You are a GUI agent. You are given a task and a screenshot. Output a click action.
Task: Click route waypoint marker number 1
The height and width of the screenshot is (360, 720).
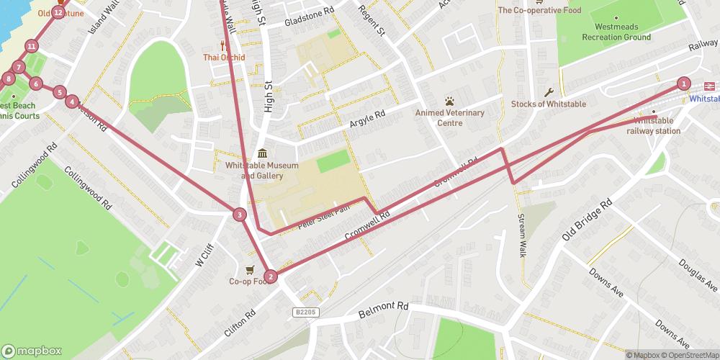coord(683,84)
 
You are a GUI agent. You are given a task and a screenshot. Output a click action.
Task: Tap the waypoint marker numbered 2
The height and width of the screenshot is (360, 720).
coord(270,276)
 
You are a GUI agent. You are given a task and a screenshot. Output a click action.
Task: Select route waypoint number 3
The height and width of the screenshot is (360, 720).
coord(239,214)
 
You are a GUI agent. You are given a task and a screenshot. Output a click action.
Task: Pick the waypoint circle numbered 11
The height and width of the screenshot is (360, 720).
coord(31,47)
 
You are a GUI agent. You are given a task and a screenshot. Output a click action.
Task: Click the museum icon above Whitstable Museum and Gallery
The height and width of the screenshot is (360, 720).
coord(261,153)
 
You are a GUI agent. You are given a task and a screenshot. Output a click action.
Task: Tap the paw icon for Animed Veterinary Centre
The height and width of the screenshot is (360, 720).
coord(450,101)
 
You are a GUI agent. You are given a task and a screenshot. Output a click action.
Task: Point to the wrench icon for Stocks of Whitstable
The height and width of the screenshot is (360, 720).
coord(549,92)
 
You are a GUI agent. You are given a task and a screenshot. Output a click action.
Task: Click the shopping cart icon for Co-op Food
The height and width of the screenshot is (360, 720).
coord(249,270)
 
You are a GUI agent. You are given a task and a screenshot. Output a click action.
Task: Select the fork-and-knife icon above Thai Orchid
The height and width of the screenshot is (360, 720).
coord(224,45)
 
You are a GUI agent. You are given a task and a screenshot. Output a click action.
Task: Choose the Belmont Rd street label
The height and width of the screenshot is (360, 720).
coord(383,310)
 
